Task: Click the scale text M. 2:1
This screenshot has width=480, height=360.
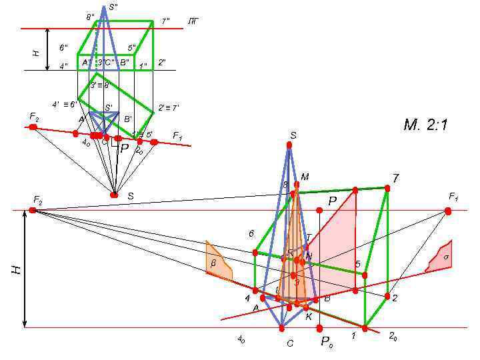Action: [425, 125]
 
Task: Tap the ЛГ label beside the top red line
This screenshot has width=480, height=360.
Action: [192, 22]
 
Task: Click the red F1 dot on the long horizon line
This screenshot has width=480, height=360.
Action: [448, 211]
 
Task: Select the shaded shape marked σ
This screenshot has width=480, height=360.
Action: [441, 258]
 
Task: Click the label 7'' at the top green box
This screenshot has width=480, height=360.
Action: [166, 21]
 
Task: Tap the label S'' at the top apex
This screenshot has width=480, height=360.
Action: [113, 7]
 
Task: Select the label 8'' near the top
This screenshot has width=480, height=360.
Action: [90, 17]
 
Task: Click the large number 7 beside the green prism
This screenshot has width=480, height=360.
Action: [395, 178]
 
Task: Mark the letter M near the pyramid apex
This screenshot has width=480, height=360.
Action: [305, 177]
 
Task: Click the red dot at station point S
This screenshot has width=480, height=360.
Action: [114, 195]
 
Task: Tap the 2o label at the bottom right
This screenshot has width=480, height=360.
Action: [393, 336]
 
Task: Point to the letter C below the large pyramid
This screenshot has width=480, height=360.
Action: [290, 344]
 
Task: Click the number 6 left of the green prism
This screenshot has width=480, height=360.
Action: [251, 234]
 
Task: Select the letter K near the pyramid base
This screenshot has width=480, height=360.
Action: [309, 317]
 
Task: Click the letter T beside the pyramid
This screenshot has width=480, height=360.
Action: [308, 237]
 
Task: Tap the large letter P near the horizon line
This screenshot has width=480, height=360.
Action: [332, 200]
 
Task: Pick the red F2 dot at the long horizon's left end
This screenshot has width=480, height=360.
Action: [33, 211]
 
